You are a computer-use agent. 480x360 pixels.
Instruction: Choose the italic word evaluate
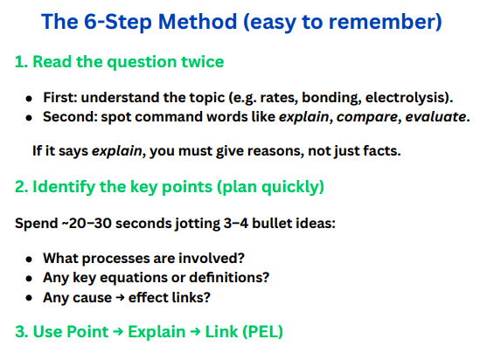click(x=432, y=115)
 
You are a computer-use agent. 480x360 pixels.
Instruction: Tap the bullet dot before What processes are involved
click(x=30, y=259)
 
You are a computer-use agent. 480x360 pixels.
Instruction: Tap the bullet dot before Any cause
click(x=30, y=296)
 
